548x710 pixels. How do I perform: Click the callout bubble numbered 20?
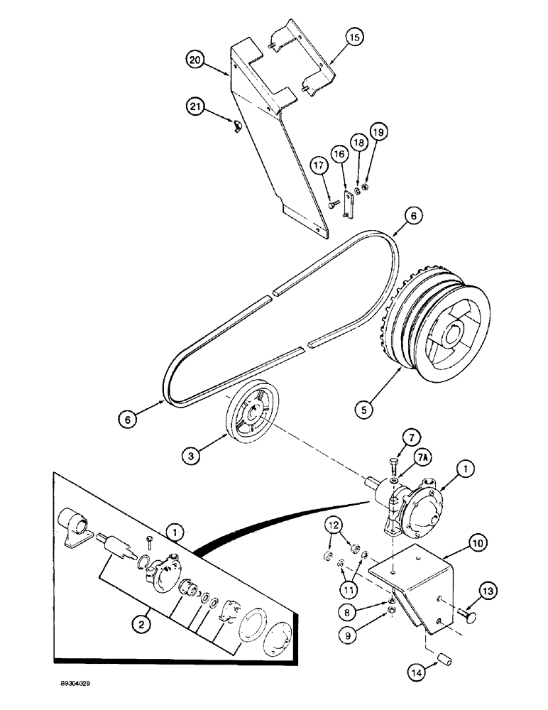coord(194,61)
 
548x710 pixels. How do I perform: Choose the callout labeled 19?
coord(378,132)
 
